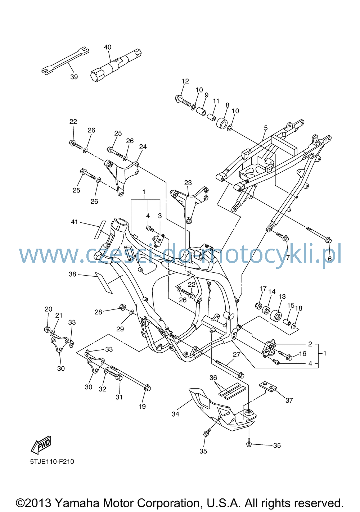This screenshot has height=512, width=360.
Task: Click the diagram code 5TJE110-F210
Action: [x=52, y=462]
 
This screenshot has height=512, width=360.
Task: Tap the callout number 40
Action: [x=108, y=47]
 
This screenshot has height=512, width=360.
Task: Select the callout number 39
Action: [x=74, y=77]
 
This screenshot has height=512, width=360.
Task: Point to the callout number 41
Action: [x=74, y=222]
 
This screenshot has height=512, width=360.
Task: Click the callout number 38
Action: [x=72, y=274]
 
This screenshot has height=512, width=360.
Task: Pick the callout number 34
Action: [x=175, y=414]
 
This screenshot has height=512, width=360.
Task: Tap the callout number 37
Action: [x=289, y=400]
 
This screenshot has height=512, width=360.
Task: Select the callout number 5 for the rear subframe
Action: [x=266, y=128]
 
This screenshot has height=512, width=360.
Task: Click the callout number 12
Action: [x=185, y=81]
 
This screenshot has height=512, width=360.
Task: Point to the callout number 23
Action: [x=188, y=183]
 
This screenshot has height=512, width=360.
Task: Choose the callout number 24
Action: [x=143, y=146]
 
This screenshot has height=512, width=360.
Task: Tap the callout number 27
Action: [x=237, y=354]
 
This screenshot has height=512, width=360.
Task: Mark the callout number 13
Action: [x=282, y=296]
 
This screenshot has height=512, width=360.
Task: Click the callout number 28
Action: [x=98, y=312]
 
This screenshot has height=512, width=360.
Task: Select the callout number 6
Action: [x=330, y=258]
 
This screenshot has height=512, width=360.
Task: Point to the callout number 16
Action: [x=303, y=354]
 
